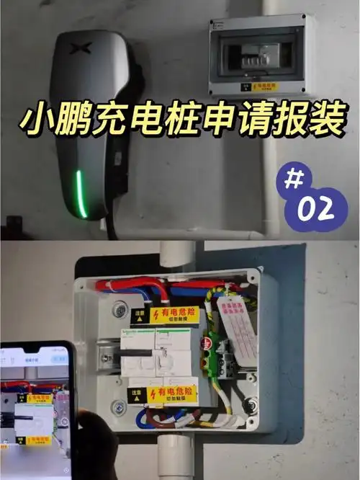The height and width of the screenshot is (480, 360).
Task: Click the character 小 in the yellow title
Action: [40, 123]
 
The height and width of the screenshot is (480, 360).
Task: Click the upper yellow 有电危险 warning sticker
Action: [173, 316]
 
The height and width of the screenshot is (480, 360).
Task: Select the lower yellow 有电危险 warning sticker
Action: [171, 394]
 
